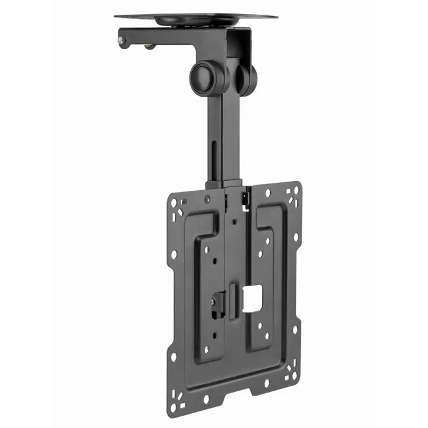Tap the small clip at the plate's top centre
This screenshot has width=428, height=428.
pyautogui.click(x=245, y=197)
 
